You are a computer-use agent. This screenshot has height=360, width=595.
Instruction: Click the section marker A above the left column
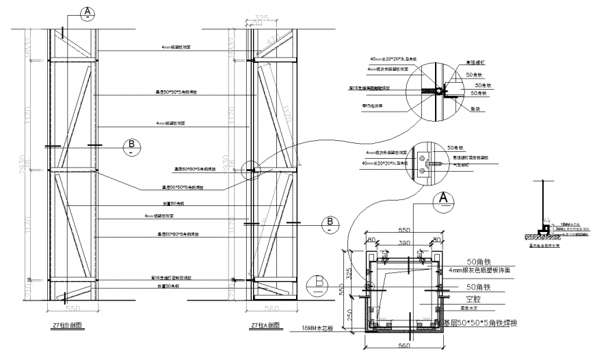click(x=88, y=12)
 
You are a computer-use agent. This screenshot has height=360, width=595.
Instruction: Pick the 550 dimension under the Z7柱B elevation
click(x=73, y=309)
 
